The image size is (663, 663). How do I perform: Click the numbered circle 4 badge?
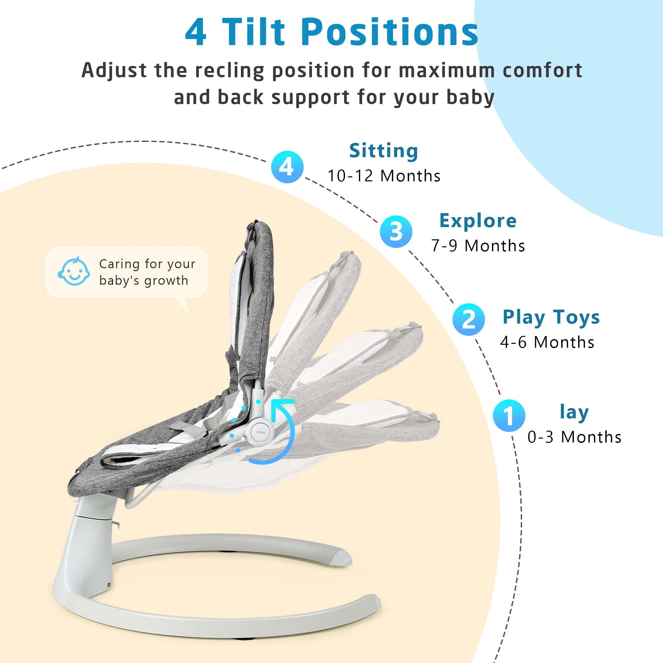pos(287,167)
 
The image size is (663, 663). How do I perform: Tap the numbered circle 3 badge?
pos(396,232)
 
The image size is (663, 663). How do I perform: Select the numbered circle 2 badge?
pos(468,320)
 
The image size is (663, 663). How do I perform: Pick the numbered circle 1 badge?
pos(509,416)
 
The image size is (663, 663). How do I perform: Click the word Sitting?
pos(384,151)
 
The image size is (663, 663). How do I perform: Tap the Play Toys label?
pos(551,317)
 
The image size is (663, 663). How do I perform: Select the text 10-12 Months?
pos(384,176)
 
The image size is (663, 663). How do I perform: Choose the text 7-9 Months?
pos(478,246)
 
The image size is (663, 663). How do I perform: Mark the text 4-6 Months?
pos(547,342)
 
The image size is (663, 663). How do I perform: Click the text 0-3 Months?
pos(574,437)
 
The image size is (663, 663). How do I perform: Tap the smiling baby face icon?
pos(74,271)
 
